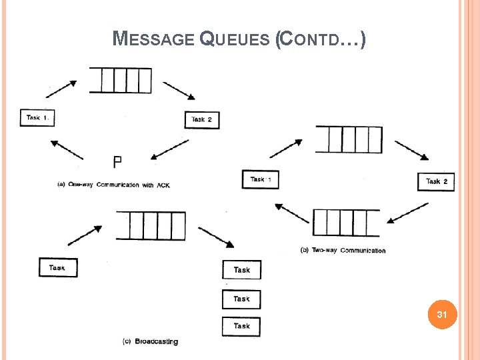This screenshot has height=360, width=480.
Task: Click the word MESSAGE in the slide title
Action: tap(155, 40)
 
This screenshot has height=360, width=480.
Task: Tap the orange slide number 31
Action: tap(441, 313)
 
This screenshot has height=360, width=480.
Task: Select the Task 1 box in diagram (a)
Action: tap(37, 118)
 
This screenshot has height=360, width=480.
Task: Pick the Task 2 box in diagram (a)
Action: tap(201, 119)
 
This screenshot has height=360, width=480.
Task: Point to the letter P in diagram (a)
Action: tap(117, 161)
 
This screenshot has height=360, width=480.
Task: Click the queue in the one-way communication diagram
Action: tap(120, 80)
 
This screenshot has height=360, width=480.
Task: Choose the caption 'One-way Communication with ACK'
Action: tap(113, 185)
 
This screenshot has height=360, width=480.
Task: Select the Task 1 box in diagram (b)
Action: tap(260, 179)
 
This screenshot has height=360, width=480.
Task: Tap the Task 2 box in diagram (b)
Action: tap(436, 181)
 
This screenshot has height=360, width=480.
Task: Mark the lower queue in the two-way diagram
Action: tap(345, 223)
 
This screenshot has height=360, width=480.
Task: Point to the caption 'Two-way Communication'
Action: tap(343, 251)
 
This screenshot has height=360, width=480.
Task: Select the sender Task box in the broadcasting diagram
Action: tap(58, 268)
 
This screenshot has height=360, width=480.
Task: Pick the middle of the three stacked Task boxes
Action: tap(241, 299)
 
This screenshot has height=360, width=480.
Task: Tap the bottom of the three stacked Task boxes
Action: tap(241, 326)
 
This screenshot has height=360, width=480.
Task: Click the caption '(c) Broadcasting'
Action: tap(150, 341)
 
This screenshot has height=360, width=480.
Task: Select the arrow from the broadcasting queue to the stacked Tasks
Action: tap(215, 237)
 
